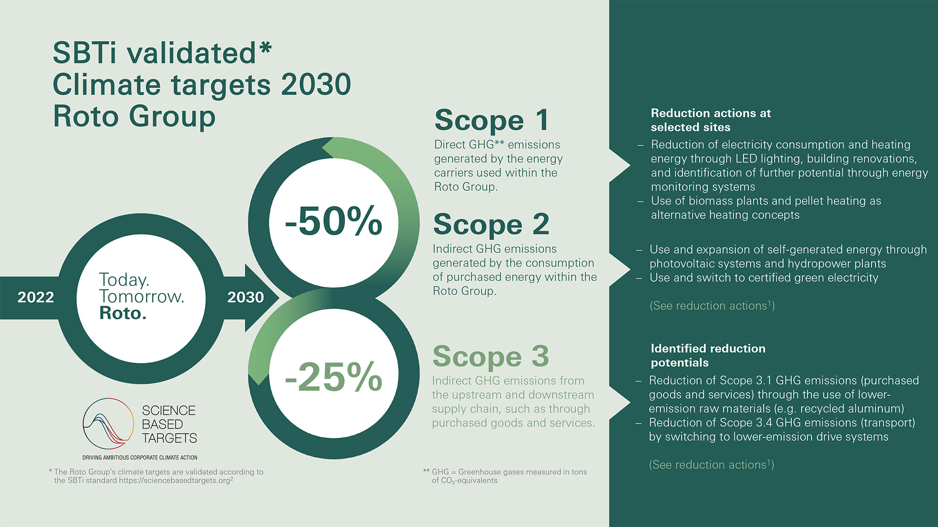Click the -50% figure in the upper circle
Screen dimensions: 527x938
pyautogui.click(x=334, y=221)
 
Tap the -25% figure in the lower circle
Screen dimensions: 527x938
pyautogui.click(x=334, y=377)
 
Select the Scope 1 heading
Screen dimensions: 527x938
pyautogui.click(x=491, y=120)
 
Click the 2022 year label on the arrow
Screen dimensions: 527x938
pyautogui.click(x=36, y=297)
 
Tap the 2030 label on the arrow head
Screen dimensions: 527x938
pyautogui.click(x=245, y=297)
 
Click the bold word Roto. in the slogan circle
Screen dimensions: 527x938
pyautogui.click(x=123, y=313)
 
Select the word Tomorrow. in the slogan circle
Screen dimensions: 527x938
pyautogui.click(x=142, y=296)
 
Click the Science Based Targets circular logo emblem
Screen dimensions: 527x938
pyautogui.click(x=108, y=423)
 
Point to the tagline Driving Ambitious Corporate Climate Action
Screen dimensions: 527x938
pyautogui.click(x=140, y=458)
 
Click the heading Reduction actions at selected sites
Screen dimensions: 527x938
pyautogui.click(x=710, y=120)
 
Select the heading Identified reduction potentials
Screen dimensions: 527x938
pyautogui.click(x=707, y=355)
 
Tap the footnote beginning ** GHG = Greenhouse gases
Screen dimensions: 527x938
pyautogui.click(x=505, y=476)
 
